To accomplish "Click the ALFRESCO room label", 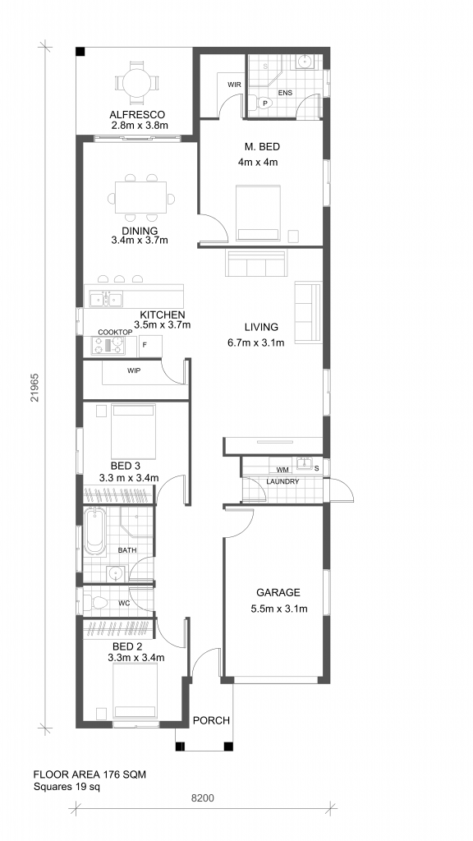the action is pos(137,114).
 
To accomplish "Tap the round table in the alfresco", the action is pos(137,83).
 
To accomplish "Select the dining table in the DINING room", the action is pos(140,198).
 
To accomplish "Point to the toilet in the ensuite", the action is pos(260,103).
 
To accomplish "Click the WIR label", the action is pos(234,85).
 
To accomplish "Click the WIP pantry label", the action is pos(134,370).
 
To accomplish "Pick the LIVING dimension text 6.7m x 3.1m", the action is pos(256,342).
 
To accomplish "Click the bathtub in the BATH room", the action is pos(95,531).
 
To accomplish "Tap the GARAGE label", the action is pos(278,593).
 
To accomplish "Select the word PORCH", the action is pos(211,720).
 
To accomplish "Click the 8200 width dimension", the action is pos(203,798).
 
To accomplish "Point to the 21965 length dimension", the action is pos(34,388).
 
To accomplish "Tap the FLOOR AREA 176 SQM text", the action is pos(90,774).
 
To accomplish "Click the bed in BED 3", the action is pos(134,431).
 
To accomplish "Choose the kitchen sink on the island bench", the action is pos(106,299).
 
